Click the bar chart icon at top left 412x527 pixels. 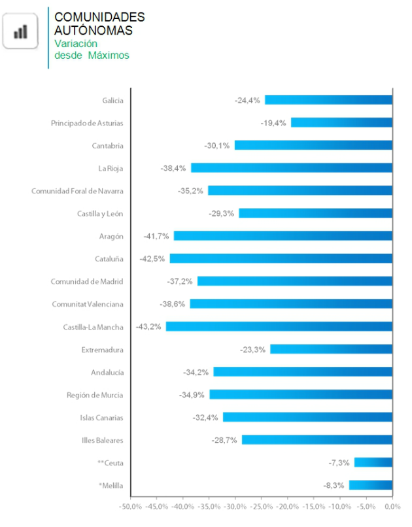point(20,31)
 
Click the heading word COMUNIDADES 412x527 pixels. point(99,17)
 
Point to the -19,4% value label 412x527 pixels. point(273,123)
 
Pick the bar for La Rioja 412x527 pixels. point(291,168)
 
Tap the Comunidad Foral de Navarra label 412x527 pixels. point(77,191)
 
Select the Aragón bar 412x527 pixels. point(283,236)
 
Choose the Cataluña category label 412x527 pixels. point(109,259)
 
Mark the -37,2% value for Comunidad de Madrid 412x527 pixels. point(180,281)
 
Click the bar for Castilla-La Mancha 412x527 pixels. point(279,326)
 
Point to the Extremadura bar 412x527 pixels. point(331,349)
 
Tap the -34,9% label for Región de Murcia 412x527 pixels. point(192,395)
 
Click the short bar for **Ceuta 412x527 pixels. point(373,462)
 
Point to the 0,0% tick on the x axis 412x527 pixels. point(392,507)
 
